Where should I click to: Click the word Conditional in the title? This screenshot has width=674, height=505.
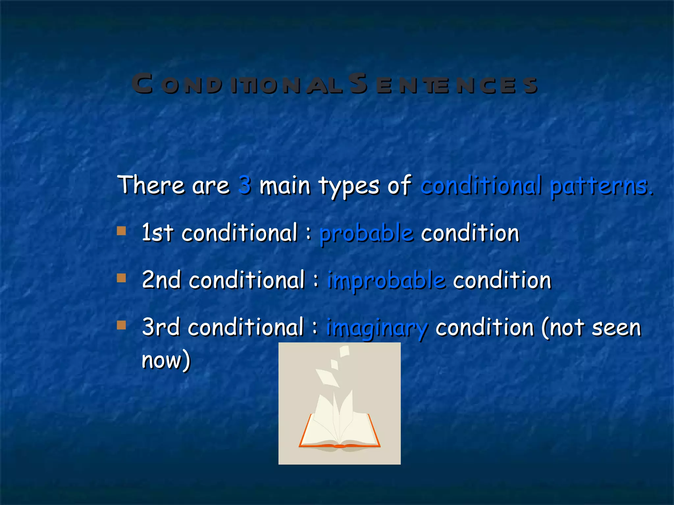(237, 84)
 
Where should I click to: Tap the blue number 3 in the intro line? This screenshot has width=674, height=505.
(245, 185)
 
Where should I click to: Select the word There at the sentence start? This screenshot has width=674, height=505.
(151, 185)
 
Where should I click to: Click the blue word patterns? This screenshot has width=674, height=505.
(601, 186)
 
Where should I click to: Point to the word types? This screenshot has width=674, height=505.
(349, 186)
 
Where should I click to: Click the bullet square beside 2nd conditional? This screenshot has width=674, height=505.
(121, 278)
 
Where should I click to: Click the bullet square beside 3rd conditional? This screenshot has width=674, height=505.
(121, 325)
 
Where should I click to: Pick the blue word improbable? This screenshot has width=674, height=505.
(386, 281)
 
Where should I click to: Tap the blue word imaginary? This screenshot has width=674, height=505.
(377, 328)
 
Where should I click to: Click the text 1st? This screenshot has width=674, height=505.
(157, 233)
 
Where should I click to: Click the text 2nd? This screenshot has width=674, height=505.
(161, 280)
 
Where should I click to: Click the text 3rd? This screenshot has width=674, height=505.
(161, 327)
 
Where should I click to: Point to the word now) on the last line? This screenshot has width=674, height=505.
(166, 360)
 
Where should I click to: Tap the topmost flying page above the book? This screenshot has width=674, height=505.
(344, 351)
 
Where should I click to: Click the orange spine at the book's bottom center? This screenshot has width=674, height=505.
(339, 446)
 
